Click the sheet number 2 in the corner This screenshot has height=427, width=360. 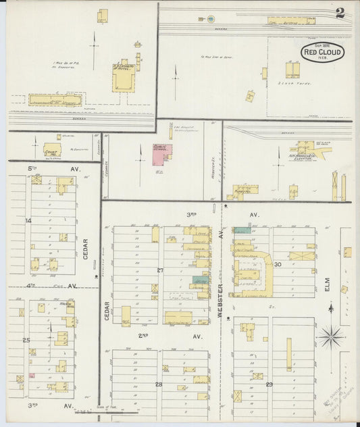click(340, 13)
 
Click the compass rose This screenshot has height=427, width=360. click(331, 332)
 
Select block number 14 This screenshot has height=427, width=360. click(28, 220)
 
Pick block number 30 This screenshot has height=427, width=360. click(277, 263)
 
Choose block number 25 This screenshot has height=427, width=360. click(26, 340)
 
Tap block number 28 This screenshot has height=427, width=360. click(159, 384)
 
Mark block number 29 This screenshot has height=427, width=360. click(269, 384)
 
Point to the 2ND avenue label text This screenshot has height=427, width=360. click(143, 336)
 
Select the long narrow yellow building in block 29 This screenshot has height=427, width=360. click(288, 355)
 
